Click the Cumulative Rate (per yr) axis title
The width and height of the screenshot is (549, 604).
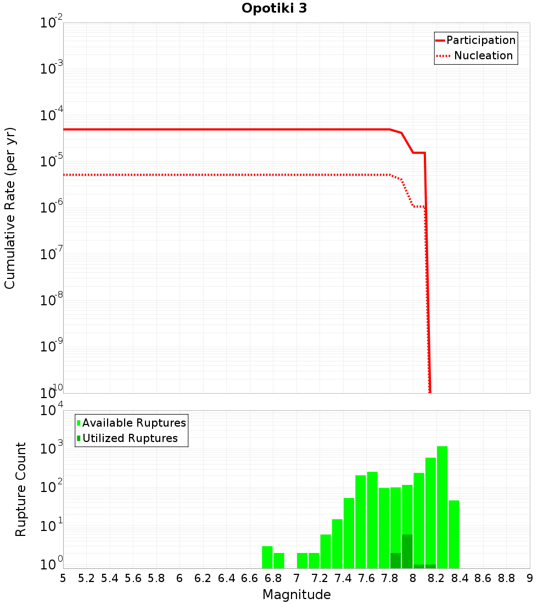[10, 208]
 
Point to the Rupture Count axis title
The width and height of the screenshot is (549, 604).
[21, 489]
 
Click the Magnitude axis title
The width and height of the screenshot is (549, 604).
[296, 595]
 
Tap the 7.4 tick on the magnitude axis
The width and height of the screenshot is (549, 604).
[343, 578]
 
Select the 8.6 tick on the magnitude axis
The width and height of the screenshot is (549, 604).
[483, 578]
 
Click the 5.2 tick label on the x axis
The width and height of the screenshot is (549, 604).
[86, 578]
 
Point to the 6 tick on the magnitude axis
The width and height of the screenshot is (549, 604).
[180, 578]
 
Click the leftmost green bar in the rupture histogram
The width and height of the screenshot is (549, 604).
[267, 557]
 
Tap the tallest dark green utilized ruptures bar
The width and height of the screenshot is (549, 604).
[407, 551]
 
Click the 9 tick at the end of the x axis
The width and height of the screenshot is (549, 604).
[530, 578]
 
